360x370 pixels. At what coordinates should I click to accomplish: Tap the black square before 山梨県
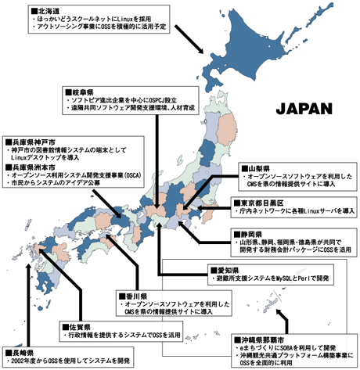point(242,167)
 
